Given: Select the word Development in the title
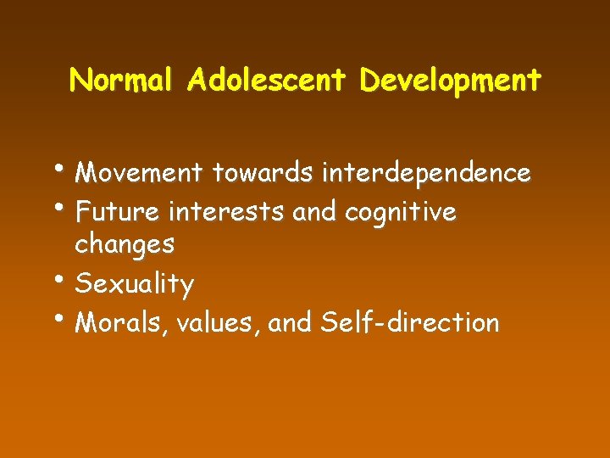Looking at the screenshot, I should pyautogui.click(x=450, y=80).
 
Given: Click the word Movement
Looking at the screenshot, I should pyautogui.click(x=140, y=173).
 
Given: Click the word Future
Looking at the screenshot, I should pyautogui.click(x=119, y=210).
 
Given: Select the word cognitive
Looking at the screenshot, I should pyautogui.click(x=400, y=211).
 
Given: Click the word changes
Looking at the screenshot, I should pyautogui.click(x=125, y=245).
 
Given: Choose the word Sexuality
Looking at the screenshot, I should pyautogui.click(x=135, y=284).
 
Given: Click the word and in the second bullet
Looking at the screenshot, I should pyautogui.click(x=314, y=210).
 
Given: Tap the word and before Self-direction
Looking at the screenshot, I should pyautogui.click(x=291, y=322).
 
